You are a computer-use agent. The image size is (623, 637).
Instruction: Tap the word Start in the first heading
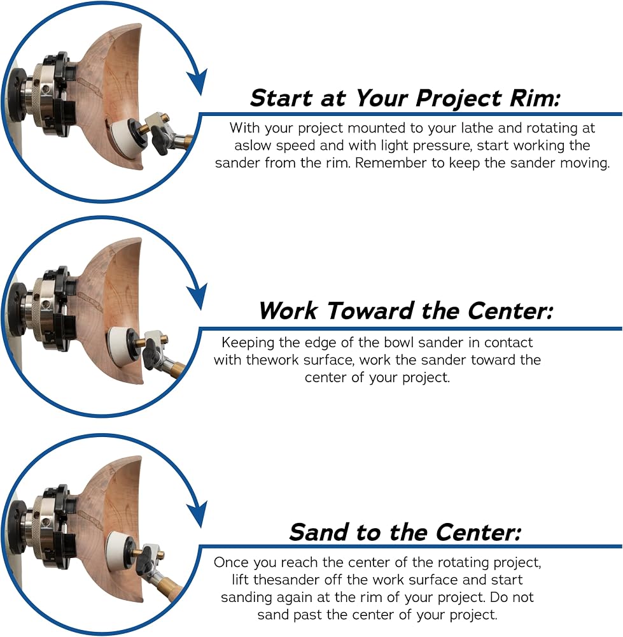(281, 98)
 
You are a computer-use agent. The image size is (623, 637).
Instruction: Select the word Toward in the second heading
(370, 311)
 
